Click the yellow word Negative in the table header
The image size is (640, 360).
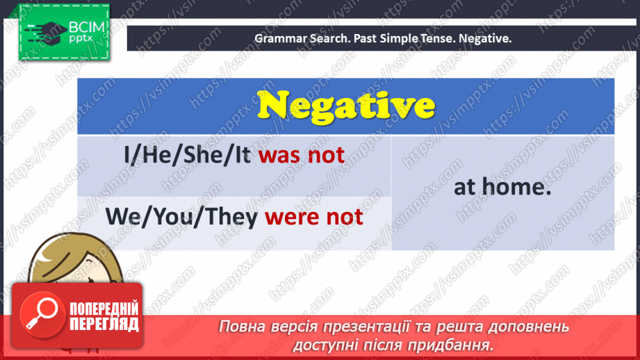click(x=345, y=106)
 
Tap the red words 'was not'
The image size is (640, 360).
click(x=302, y=154)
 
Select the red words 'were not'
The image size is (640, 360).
click(x=314, y=217)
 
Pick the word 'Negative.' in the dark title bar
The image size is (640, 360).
click(x=487, y=39)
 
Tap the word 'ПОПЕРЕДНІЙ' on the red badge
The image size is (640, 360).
click(x=104, y=309)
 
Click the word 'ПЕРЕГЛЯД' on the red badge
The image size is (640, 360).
click(x=104, y=324)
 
